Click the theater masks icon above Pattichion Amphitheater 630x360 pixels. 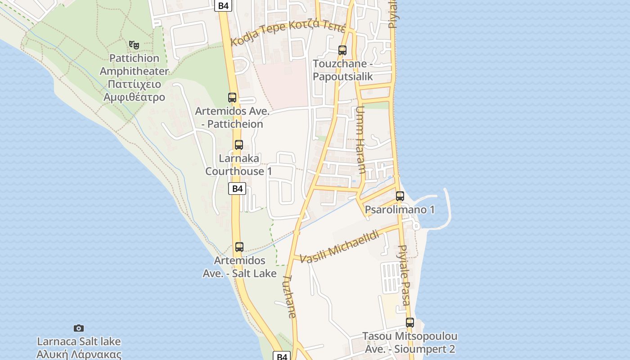pos(134,45)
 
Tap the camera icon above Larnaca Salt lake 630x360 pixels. pos(79,328)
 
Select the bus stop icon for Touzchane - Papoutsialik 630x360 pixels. pos(342,50)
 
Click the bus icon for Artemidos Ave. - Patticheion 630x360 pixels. pos(232,97)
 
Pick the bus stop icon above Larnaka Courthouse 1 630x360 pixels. pos(239,145)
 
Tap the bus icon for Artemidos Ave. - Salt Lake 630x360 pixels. pos(239,247)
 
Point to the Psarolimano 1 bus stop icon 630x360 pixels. pos(400,196)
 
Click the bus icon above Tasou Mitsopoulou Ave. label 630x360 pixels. pos(410,322)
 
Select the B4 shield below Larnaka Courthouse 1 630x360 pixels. pos(237,189)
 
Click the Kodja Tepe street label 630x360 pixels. pos(288,32)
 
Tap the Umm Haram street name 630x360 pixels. pos(360,140)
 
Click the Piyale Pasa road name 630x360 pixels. pos(404,275)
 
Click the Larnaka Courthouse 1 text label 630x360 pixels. pos(239,165)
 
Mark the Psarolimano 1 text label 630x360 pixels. pos(400,210)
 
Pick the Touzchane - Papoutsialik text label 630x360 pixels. pos(342,70)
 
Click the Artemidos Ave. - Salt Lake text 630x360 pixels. pos(239,266)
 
